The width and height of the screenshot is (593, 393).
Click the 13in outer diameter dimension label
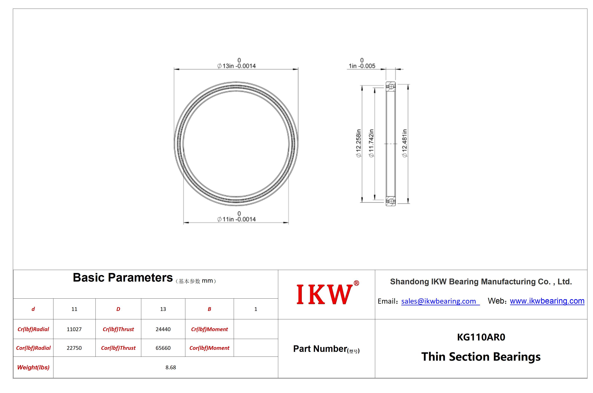pyautogui.click(x=236, y=63)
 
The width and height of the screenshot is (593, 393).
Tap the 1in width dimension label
pyautogui.click(x=362, y=63)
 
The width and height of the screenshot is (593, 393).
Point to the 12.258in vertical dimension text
pyautogui.click(x=359, y=143)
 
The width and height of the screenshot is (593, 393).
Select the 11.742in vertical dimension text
pyautogui.click(x=371, y=143)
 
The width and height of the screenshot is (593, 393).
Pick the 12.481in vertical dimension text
pyautogui.click(x=404, y=143)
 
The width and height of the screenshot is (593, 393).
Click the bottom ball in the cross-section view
pyautogui.click(x=391, y=201)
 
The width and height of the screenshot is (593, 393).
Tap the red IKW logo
pyautogui.click(x=328, y=293)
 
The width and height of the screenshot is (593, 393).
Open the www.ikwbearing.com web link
pyautogui.click(x=547, y=301)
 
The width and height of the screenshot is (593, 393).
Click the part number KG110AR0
pyautogui.click(x=481, y=337)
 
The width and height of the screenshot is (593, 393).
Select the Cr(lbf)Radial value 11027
pyautogui.click(x=74, y=329)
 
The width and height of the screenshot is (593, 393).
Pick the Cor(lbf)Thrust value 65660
pyautogui.click(x=163, y=348)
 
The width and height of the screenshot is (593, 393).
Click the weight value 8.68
pyautogui.click(x=171, y=367)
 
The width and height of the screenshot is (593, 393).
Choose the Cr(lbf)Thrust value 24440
pyautogui.click(x=163, y=329)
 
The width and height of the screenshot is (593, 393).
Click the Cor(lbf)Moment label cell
pyautogui.click(x=209, y=348)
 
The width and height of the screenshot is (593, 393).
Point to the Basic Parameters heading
pyautogui.click(x=123, y=278)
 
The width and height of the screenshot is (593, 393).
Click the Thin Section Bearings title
pyautogui.click(x=481, y=357)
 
